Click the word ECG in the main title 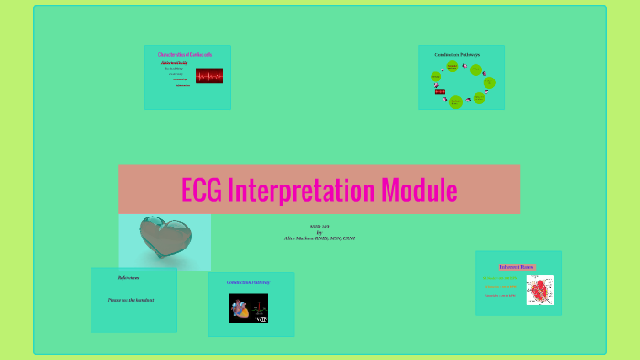(200, 190)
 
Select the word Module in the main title (419, 190)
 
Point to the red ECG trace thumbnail (209, 75)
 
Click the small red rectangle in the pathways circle (440, 92)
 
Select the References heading (129, 277)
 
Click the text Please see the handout (131, 300)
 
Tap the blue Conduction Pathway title (249, 282)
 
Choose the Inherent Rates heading (516, 267)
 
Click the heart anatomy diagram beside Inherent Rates (539, 290)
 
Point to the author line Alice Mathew (319, 238)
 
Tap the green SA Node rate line (500, 278)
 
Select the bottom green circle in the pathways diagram (455, 101)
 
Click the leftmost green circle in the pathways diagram (436, 76)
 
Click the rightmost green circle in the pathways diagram (489, 82)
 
